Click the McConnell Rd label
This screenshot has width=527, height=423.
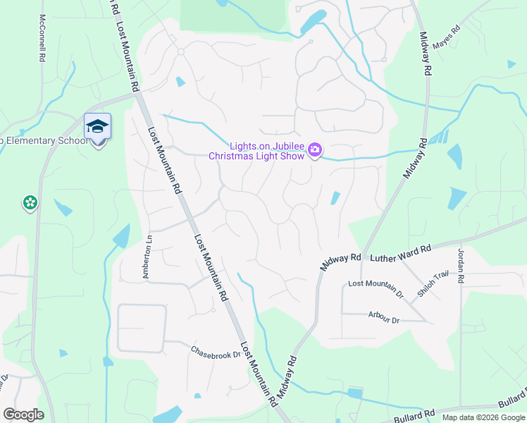click(x=42, y=39)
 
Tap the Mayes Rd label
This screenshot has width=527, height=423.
click(x=447, y=37)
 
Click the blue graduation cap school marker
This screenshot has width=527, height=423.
click(x=97, y=127)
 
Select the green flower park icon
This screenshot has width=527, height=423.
click(x=30, y=203)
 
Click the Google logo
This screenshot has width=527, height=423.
click(x=23, y=415)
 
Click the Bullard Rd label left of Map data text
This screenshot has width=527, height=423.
click(x=415, y=415)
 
